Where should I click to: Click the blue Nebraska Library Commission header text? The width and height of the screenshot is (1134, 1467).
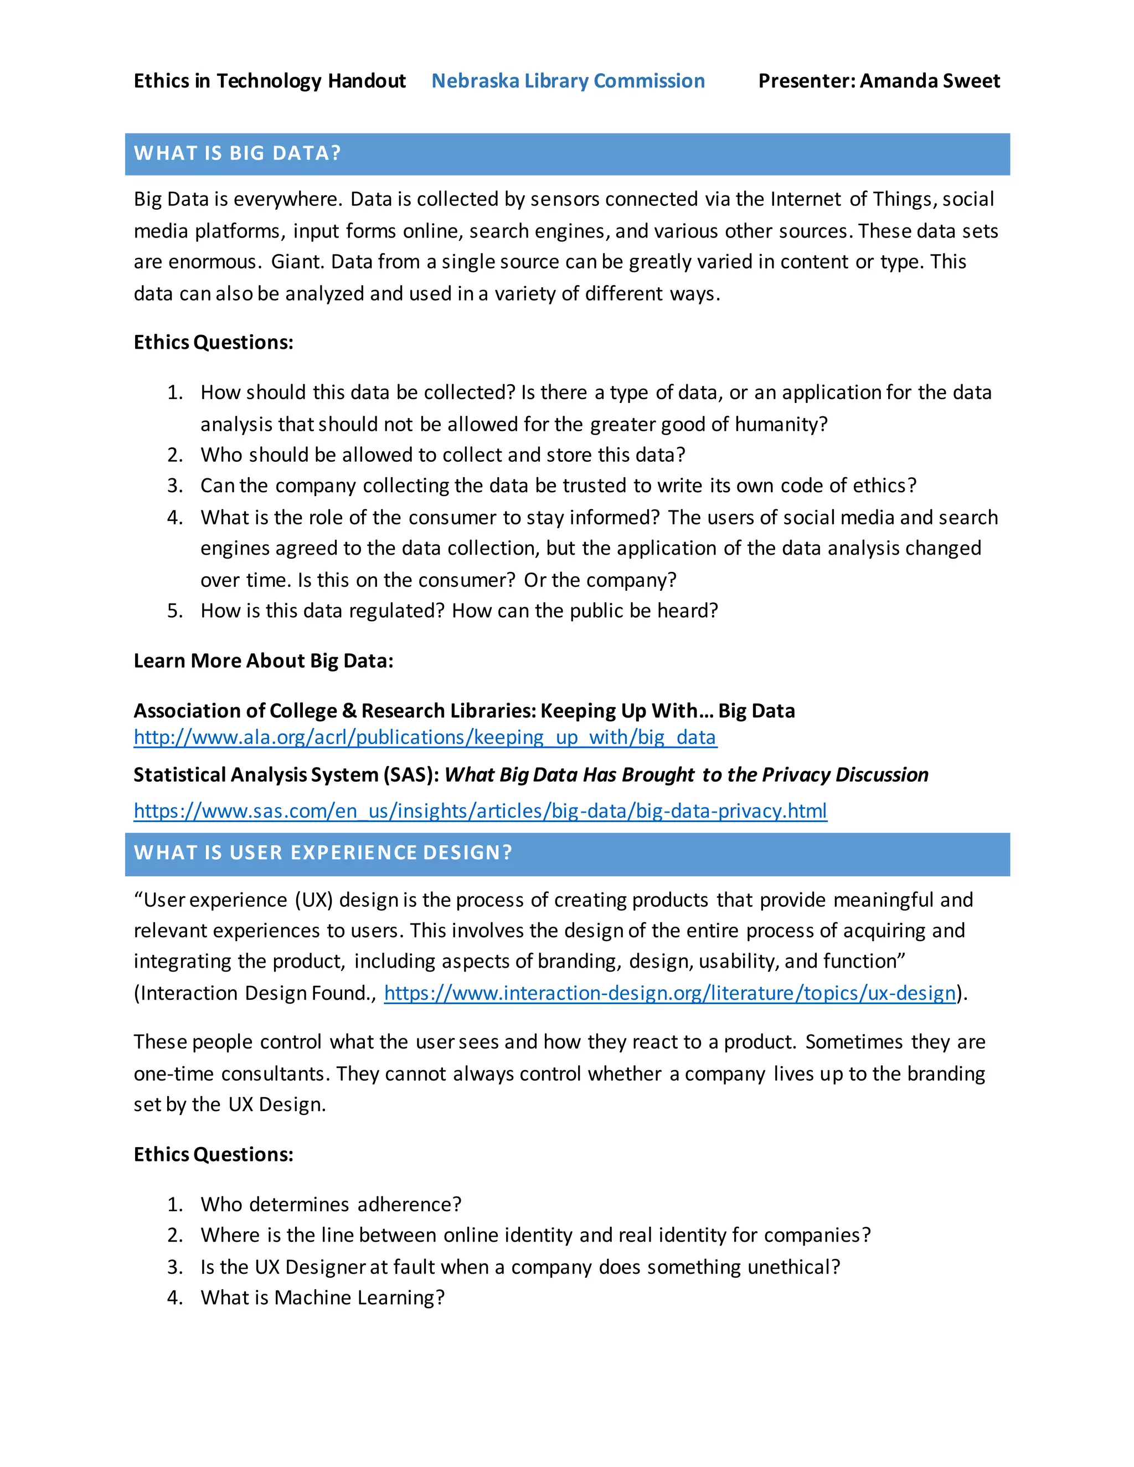coord(568,81)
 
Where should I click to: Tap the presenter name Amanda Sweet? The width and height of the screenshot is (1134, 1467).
coord(930,81)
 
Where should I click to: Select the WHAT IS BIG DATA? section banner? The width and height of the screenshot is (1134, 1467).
coord(567,154)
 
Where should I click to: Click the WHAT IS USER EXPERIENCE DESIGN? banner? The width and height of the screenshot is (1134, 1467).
coord(567,853)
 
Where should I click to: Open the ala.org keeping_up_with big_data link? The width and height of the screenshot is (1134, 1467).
coord(425,737)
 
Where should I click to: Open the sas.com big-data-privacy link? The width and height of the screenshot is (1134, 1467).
coord(480,812)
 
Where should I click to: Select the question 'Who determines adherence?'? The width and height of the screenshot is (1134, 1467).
coord(331,1205)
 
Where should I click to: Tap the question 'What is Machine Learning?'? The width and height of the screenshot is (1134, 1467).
coord(322,1298)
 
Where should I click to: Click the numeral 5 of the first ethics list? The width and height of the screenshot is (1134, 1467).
coord(173,611)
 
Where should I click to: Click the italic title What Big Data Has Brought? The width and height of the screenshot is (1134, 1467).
coord(685,775)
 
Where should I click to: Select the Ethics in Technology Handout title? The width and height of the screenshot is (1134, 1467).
coord(270,81)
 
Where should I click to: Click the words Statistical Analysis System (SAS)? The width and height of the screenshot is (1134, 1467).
coord(286,775)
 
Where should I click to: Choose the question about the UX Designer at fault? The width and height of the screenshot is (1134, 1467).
coord(520,1268)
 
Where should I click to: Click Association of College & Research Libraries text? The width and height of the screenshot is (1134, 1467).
coord(334,711)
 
